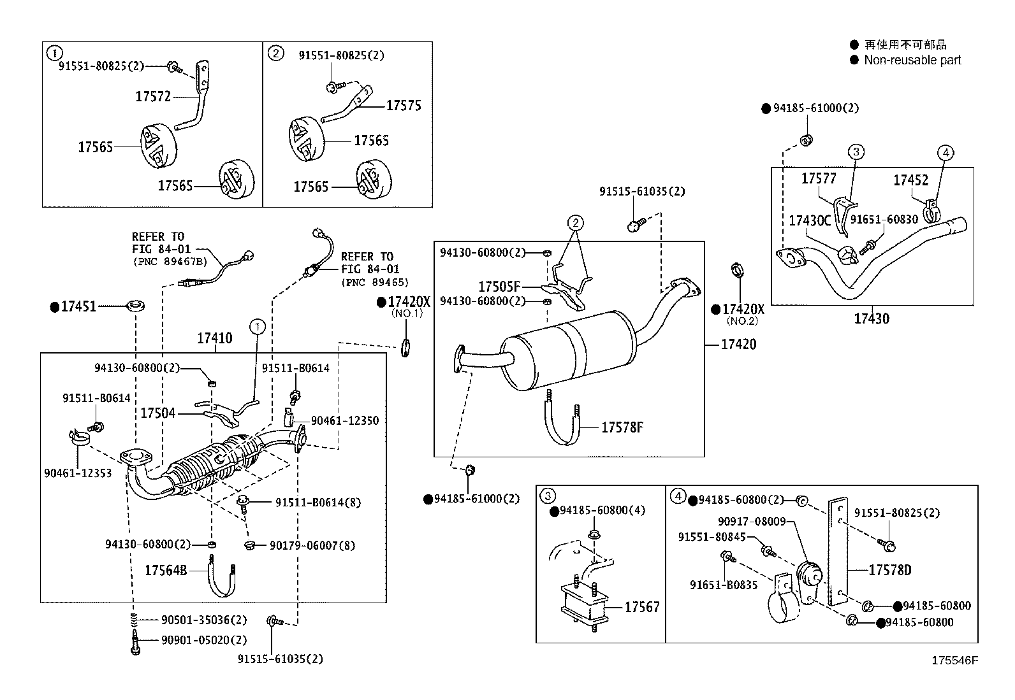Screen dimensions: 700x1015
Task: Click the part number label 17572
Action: coord(152,96)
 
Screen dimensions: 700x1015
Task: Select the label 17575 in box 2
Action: coord(404,106)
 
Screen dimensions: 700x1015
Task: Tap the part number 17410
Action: coord(214,338)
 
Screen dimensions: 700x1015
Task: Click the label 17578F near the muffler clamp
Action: coord(622,427)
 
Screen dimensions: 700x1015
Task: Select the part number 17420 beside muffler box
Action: coord(738,345)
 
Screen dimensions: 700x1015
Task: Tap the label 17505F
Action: coord(499,287)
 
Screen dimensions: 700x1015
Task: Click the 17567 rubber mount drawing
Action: coord(581,606)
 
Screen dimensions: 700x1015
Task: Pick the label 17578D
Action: coord(889,570)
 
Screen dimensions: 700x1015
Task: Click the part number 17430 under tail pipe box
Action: coord(871,318)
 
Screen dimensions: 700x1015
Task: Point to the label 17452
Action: coord(910,181)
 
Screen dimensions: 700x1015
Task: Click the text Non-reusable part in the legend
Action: coord(912,61)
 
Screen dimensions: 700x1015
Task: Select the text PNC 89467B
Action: coord(170,262)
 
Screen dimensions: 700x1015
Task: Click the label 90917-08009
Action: coord(751,522)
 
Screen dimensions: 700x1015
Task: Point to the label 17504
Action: coord(157,414)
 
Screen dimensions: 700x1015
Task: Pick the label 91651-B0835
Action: coord(723,585)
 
